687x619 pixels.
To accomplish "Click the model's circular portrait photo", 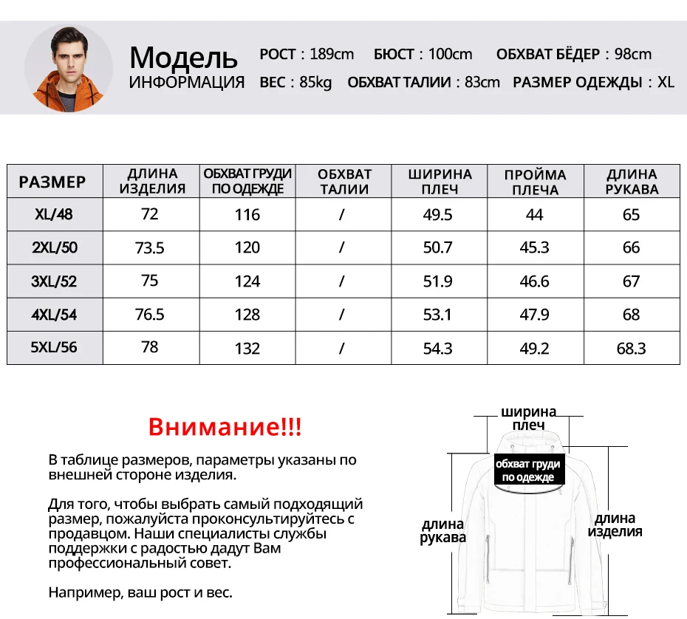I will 69,67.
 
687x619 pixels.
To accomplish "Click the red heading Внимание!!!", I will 225,427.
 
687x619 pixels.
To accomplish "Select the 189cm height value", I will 332,54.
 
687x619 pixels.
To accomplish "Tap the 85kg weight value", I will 315,82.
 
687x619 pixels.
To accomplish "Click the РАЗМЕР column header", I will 52,182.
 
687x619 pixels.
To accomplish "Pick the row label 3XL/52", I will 55,281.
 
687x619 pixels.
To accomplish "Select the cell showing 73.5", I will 150,248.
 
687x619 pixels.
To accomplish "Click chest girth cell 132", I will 247,348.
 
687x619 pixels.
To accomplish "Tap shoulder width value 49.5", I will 438,215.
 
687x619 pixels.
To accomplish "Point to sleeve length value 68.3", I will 632,348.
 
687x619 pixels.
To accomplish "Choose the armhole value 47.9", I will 535,315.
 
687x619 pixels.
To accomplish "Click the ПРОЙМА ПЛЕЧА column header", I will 535,182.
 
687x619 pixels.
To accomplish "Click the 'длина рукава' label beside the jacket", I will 443,531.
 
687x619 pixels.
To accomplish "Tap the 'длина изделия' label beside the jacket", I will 615,525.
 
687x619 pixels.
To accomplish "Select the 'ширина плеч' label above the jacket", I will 528,418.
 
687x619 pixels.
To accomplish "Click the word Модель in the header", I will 183,57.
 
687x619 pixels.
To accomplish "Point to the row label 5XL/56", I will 55,347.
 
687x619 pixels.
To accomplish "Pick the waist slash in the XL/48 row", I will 342,215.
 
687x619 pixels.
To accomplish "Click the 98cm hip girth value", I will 633,54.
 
